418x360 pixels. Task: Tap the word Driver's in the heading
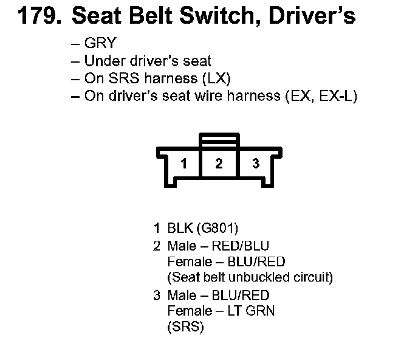point(318,17)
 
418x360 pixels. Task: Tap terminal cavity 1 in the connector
point(183,164)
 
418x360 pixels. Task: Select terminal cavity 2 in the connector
point(219,164)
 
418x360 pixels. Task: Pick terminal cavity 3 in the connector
point(256,164)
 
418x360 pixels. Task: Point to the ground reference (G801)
point(217,229)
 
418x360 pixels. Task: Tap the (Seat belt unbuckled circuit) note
point(250,278)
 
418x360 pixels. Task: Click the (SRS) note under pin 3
point(185,327)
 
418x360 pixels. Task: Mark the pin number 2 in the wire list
point(157,246)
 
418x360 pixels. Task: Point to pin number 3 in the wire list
point(157,295)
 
